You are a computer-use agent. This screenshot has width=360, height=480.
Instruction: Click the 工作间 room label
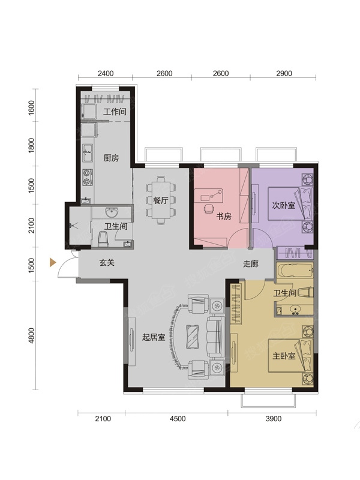pos(115,112)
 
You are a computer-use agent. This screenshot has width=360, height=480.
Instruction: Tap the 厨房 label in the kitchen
pos(111,158)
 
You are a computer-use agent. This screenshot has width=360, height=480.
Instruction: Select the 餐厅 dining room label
pos(161,200)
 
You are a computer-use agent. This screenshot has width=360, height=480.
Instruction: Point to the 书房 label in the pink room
pos(224,217)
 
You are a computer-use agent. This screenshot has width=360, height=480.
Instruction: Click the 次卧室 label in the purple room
pos(283,205)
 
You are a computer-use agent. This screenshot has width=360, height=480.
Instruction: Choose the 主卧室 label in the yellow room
pos(284,356)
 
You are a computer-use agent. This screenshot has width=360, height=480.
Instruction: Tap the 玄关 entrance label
pos(107,262)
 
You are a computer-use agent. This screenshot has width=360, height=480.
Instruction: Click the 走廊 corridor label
pos(251,263)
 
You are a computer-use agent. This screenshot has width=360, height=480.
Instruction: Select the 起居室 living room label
pos(154,337)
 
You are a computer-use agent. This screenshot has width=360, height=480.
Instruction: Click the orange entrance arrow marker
pos(53,262)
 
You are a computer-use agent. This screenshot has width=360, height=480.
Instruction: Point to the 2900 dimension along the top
pos(284,73)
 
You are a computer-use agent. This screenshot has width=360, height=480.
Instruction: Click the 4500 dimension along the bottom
pos(178,419)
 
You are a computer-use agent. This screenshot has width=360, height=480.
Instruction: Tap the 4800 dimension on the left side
pos(32,335)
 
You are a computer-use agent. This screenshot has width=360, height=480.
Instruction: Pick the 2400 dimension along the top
pos(106,73)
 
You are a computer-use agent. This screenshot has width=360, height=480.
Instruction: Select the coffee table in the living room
pos(193,337)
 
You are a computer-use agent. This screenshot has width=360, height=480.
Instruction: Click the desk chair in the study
pos(209,208)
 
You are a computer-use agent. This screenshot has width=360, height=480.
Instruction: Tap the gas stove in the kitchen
pos(87,177)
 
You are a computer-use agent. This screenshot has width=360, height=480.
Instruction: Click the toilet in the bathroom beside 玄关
pos(103,239)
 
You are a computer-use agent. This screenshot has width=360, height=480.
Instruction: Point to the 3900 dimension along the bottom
pos(274,419)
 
